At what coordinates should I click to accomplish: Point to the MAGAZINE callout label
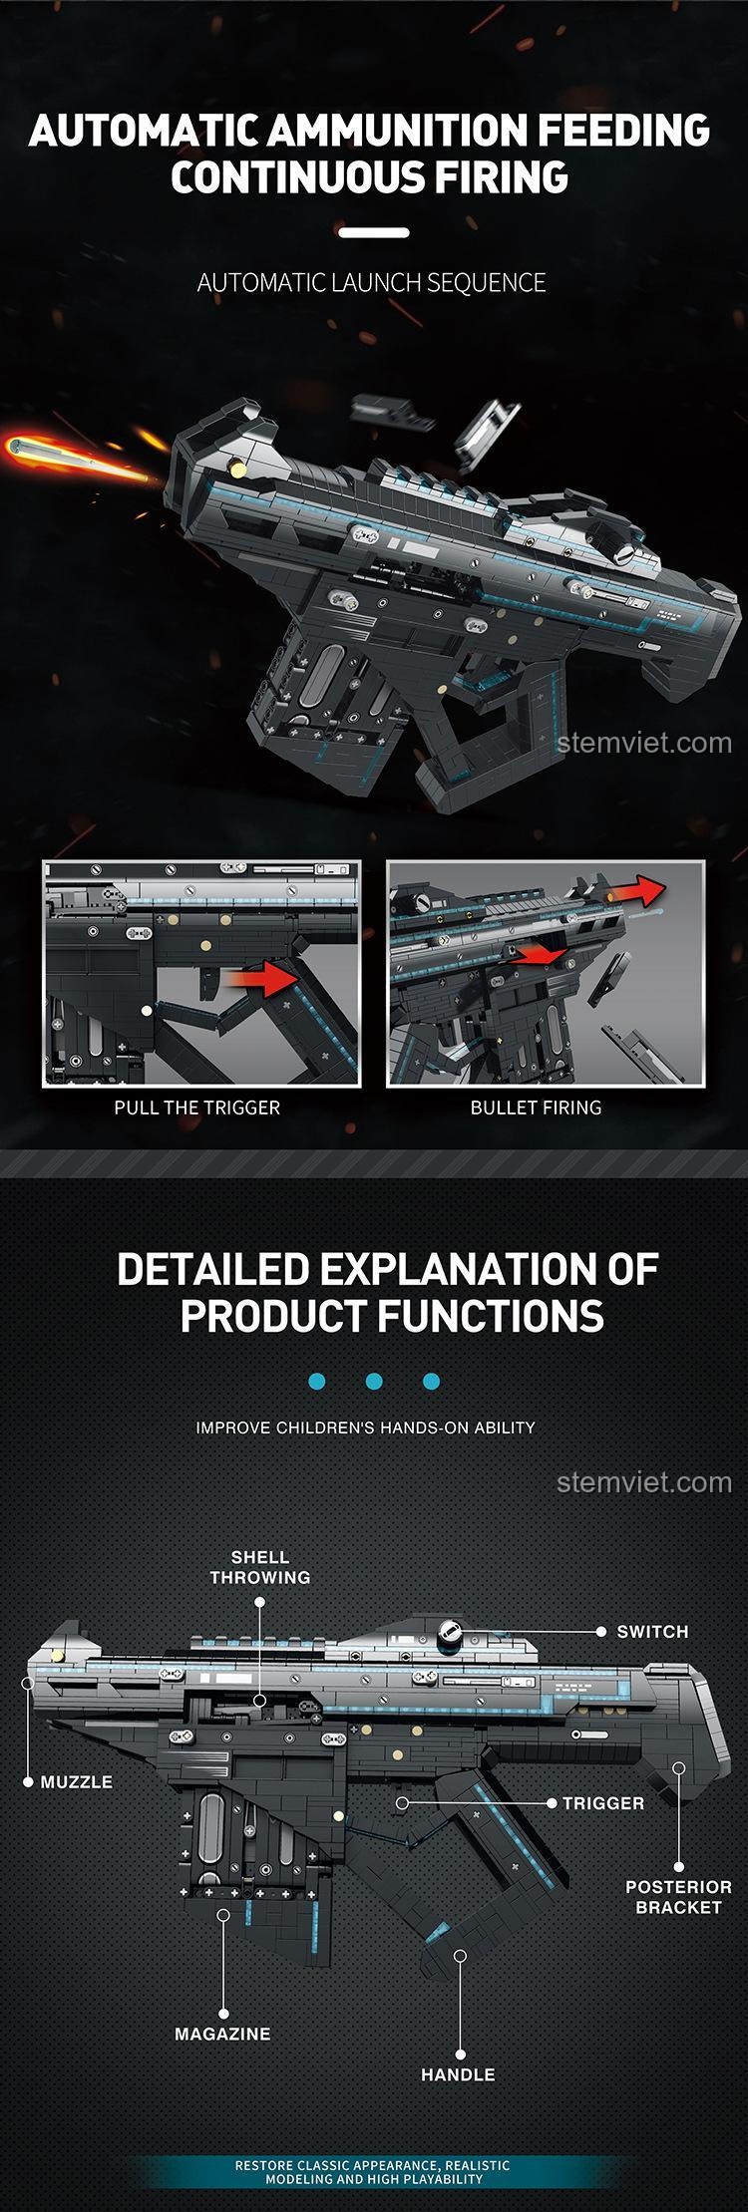click(222, 2034)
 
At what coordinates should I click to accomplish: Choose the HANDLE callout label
click(458, 2074)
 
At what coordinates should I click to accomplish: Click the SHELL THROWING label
click(260, 1567)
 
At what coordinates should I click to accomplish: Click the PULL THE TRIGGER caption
click(197, 1107)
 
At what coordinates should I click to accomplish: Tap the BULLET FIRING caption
click(537, 1107)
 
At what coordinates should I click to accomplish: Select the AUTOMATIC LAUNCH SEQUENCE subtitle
click(372, 283)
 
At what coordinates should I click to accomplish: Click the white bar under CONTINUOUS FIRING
click(374, 233)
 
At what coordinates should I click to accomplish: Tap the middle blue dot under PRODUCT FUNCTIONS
click(374, 1382)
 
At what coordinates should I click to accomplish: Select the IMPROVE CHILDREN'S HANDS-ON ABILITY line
click(366, 1427)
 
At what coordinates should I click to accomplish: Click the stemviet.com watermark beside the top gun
click(645, 743)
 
